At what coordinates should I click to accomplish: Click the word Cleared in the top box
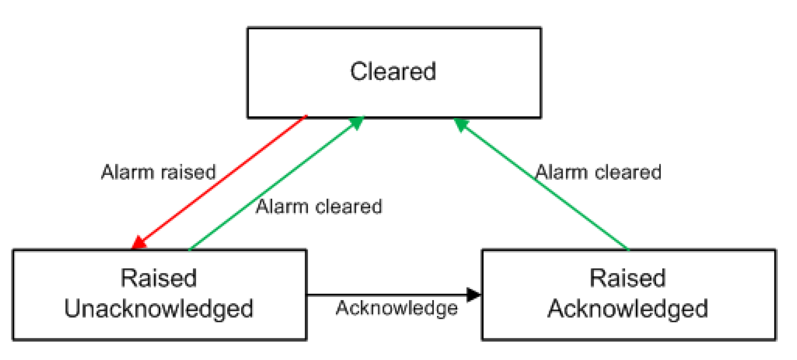coord(393,72)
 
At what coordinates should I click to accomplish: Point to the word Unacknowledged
coord(158,308)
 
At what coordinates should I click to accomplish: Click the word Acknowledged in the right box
coord(628,308)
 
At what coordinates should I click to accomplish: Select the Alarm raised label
coord(158,172)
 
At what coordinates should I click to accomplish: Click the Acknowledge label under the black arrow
coord(396,308)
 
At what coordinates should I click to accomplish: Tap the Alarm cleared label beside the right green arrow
coord(598,172)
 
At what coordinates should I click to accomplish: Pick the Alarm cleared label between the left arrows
coord(319,207)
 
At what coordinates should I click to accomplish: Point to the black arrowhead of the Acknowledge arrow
coord(473,295)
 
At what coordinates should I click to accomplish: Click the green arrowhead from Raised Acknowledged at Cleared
coord(461,124)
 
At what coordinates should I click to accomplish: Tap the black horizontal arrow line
coord(387,295)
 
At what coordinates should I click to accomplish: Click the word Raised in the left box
coord(158,278)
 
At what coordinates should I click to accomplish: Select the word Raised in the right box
coord(628,278)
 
